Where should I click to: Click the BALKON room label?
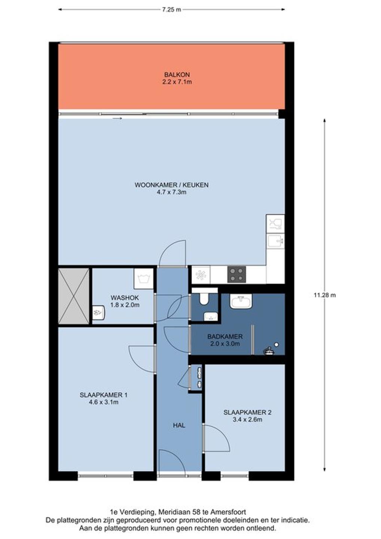[x=177, y=74]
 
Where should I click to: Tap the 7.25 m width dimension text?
[x=171, y=10]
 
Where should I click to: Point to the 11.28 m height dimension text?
[x=325, y=295]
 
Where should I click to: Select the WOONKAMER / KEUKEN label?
[x=171, y=185]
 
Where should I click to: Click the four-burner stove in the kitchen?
[x=237, y=274]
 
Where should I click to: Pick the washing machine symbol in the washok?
[x=144, y=278]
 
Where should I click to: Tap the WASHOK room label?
[x=125, y=298]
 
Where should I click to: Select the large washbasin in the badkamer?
[x=241, y=301]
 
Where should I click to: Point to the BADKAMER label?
[x=225, y=337]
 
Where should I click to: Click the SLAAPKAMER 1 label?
[x=104, y=395]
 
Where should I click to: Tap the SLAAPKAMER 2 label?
[x=247, y=412]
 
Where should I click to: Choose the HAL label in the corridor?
[x=179, y=426]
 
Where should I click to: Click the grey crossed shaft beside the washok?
[x=74, y=296]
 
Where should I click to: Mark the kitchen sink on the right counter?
[x=275, y=240]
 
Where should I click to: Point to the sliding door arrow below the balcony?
[x=117, y=118]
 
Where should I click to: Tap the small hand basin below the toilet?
[x=211, y=316]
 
